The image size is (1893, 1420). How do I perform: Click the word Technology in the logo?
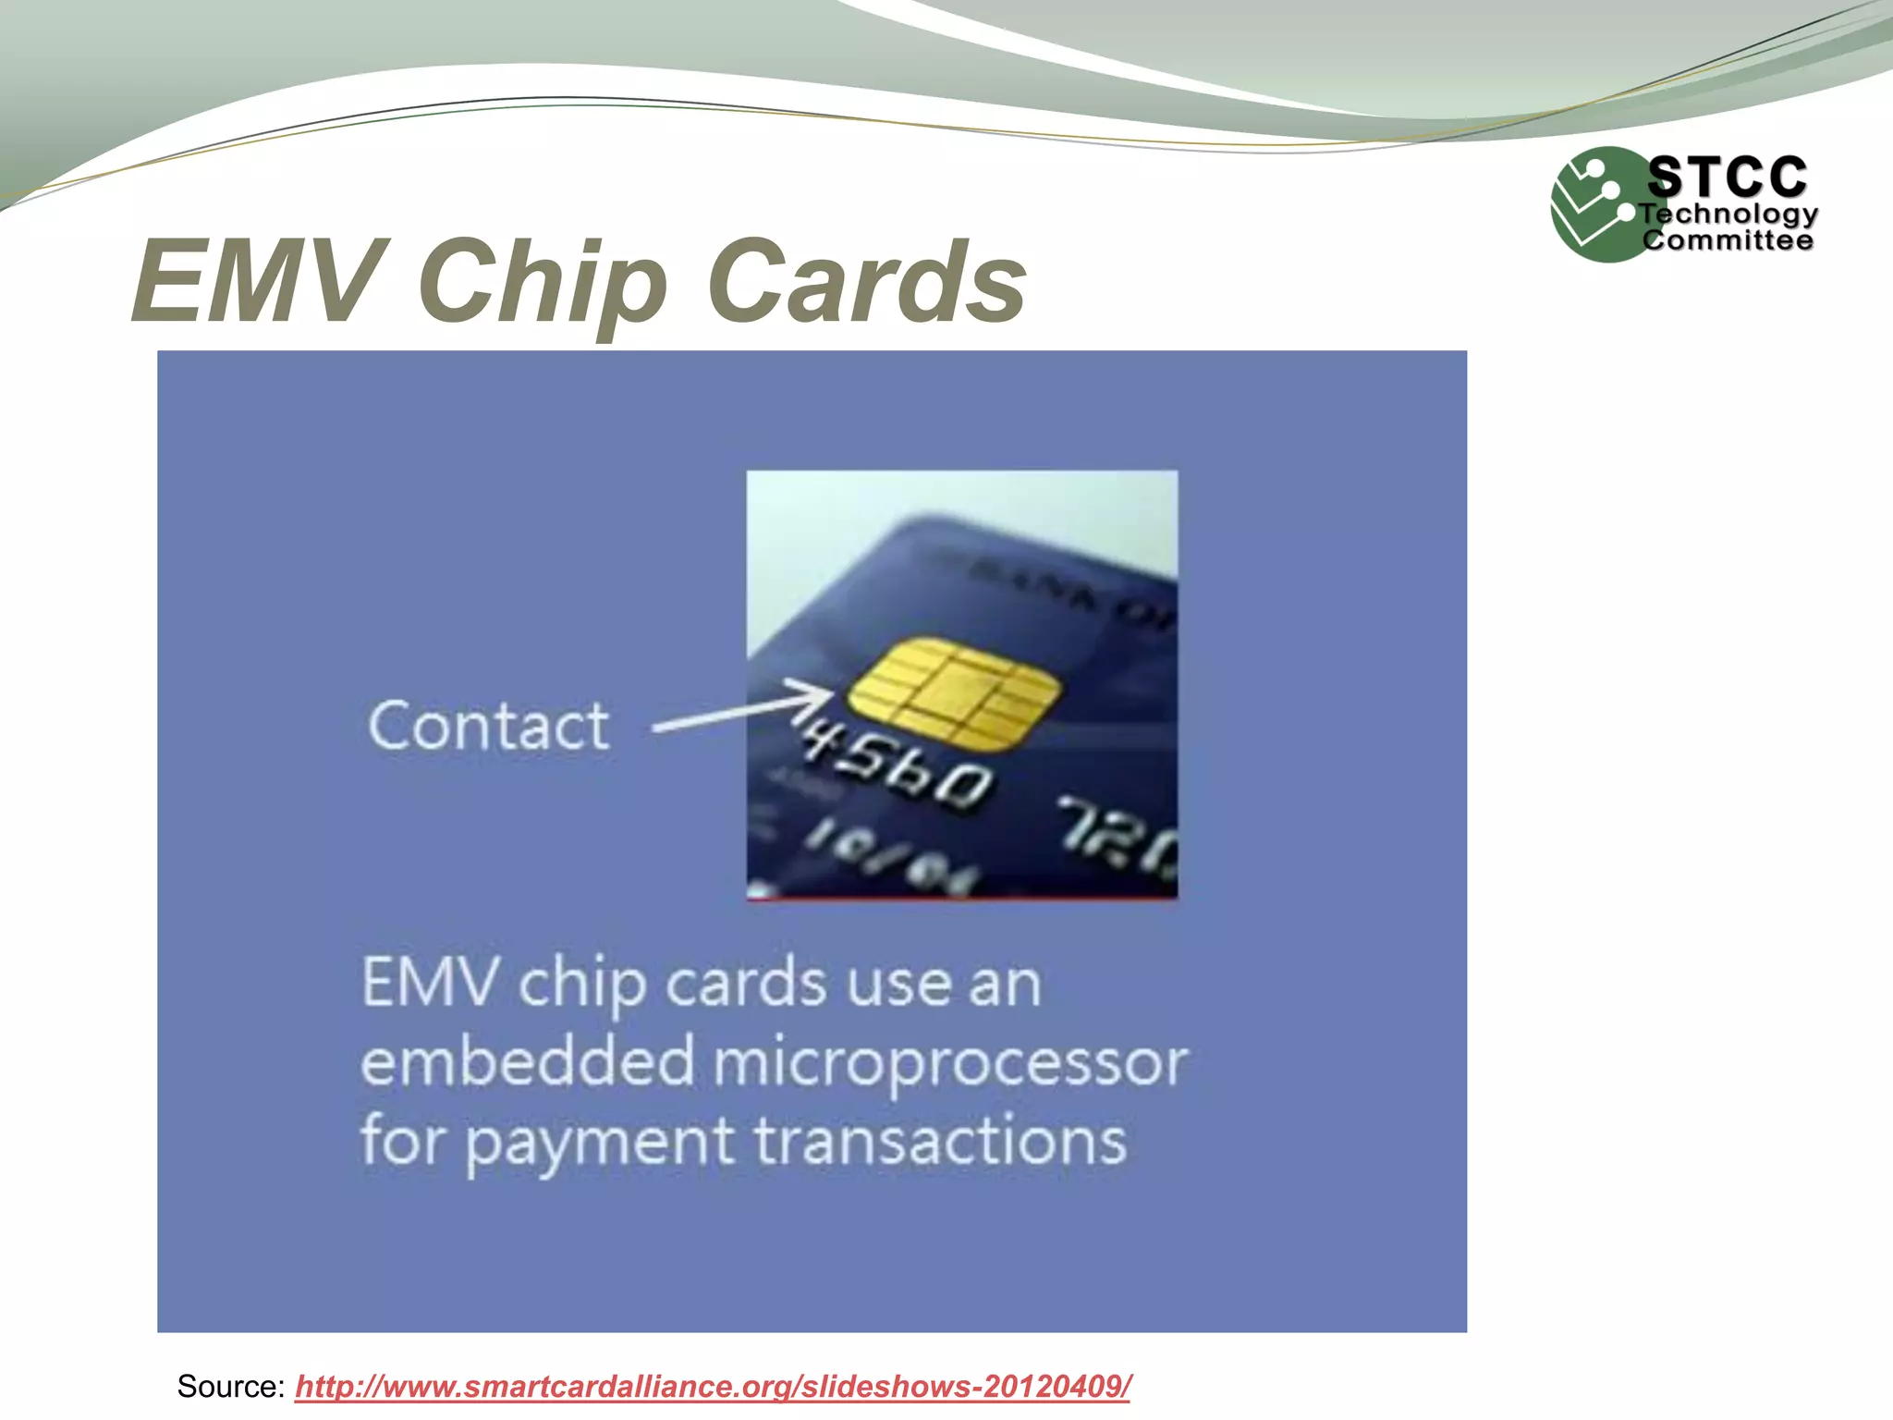(x=1728, y=214)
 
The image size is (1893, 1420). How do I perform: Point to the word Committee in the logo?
(x=1727, y=240)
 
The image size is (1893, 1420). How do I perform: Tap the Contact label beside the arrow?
(x=488, y=727)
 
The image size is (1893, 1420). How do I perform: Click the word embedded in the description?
(x=527, y=1062)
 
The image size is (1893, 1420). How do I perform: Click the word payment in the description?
(x=599, y=1143)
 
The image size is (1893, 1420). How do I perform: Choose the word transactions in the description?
(x=940, y=1141)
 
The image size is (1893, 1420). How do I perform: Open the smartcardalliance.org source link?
(x=713, y=1387)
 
